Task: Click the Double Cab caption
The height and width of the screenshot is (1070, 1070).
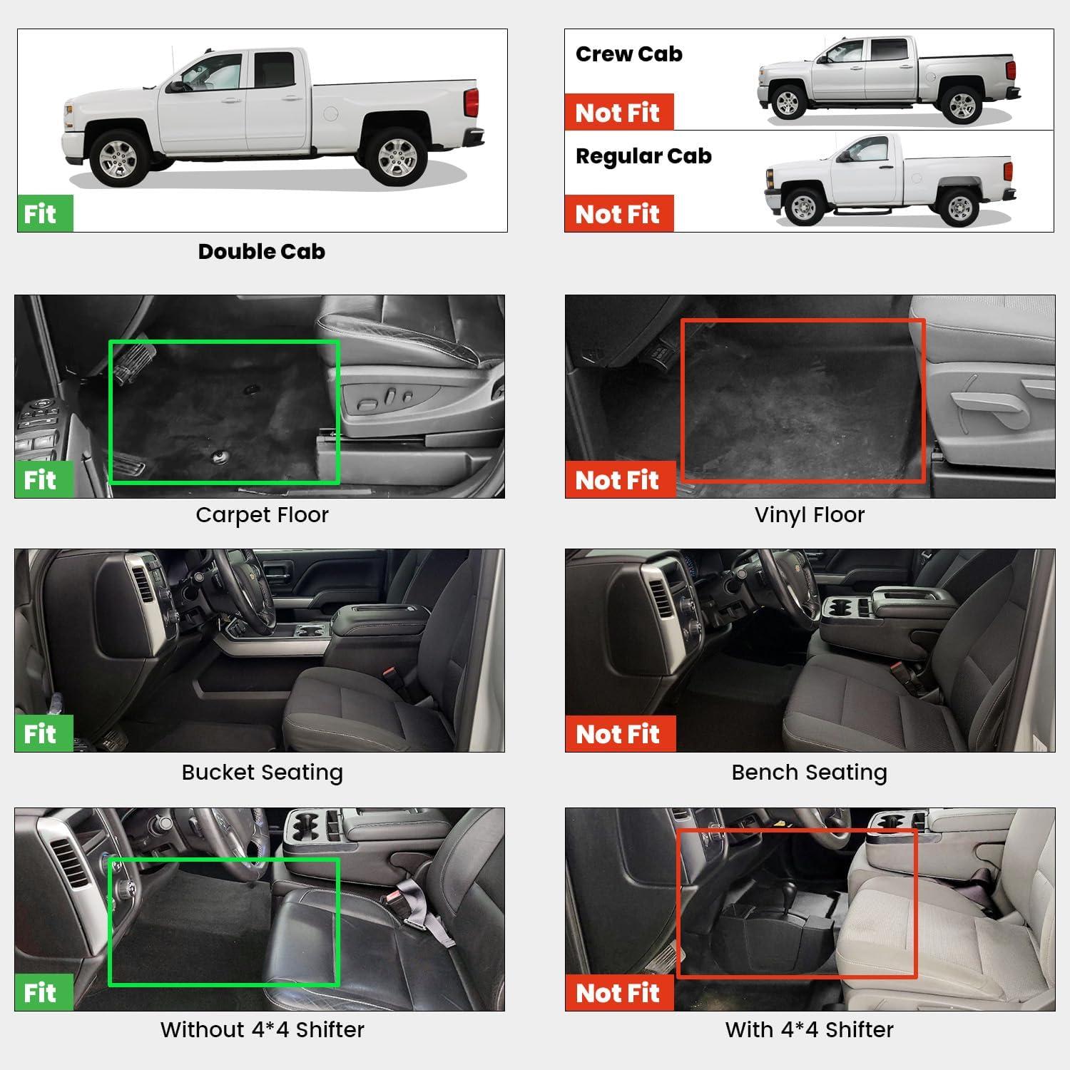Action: pos(262,251)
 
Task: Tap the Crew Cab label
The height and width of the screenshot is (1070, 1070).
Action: pos(628,54)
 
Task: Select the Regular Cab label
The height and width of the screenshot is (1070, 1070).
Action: pos(643,157)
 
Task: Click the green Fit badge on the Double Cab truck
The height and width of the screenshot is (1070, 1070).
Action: pos(45,213)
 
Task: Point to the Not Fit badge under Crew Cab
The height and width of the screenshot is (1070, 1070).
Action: pos(618,112)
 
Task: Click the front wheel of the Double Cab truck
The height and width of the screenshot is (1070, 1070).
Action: pos(118,158)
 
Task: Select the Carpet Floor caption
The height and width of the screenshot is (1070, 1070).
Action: pos(262,515)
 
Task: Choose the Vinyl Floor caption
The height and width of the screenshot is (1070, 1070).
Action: pos(810,515)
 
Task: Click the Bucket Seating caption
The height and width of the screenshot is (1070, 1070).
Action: pos(262,773)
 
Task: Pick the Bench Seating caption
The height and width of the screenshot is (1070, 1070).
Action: pos(810,773)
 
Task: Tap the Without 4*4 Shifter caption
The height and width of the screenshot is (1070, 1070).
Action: pos(262,1030)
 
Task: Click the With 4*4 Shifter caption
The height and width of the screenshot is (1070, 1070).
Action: pos(810,1030)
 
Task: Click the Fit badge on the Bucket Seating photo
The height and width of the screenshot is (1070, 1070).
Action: pos(44,733)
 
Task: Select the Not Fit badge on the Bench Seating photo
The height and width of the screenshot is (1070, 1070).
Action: pos(620,733)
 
